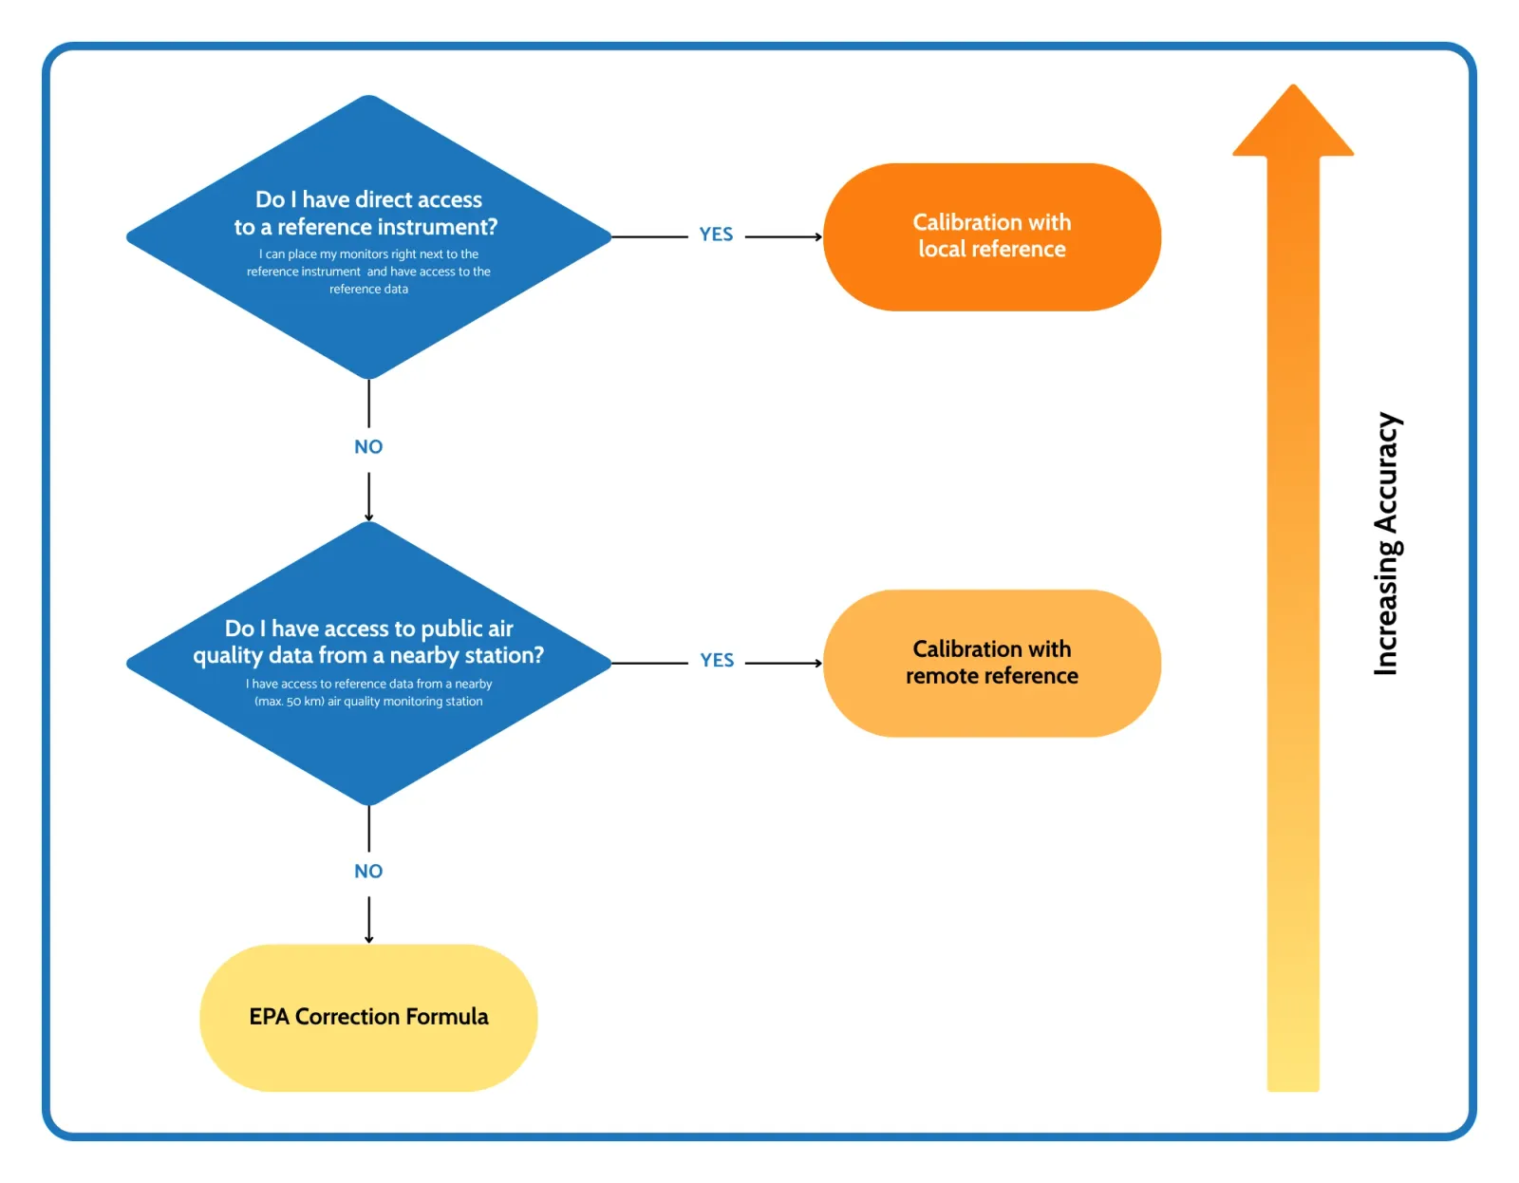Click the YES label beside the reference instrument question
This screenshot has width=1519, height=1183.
[x=716, y=235]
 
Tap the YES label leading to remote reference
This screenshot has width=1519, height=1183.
[x=717, y=661]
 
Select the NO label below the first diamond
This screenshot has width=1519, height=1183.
[x=368, y=447]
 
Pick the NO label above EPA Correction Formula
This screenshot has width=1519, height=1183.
[x=368, y=872]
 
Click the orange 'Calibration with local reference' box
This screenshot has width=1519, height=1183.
[x=991, y=236]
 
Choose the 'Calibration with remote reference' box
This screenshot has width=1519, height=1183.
[x=991, y=663]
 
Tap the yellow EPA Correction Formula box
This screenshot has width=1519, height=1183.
[x=368, y=1018]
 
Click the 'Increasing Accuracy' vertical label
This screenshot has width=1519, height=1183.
[x=1387, y=543]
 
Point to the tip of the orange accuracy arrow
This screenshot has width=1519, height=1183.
[x=1292, y=88]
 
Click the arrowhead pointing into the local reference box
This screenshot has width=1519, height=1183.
[x=818, y=236]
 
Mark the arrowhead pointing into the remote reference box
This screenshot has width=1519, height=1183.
[x=818, y=663]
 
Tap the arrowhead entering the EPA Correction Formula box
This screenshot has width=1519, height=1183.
[x=368, y=939]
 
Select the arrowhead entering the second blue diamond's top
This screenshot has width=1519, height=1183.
[x=368, y=517]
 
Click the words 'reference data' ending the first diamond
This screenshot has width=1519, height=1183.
[x=368, y=290]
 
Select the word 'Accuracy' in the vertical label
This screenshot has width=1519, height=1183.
[x=1387, y=472]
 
